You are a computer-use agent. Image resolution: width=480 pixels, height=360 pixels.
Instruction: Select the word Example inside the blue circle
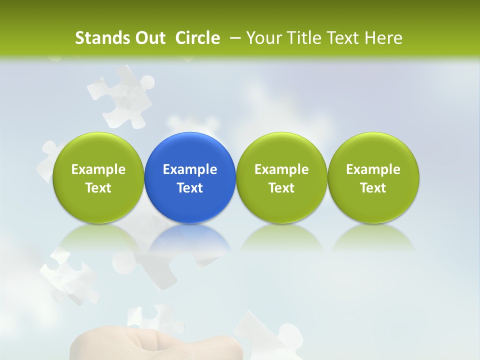point(190,169)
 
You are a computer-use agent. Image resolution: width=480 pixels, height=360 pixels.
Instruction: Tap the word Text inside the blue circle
point(190,188)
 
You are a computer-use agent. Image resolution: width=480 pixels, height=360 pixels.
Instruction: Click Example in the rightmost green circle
point(373,169)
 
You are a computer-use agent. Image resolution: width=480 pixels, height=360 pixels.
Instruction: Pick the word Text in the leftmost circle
point(98,188)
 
